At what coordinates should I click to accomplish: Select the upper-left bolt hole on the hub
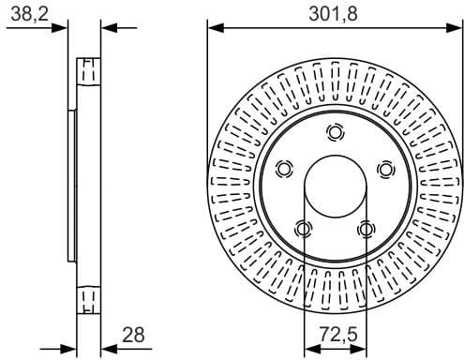(x=284, y=169)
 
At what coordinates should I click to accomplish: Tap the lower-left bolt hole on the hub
(x=303, y=228)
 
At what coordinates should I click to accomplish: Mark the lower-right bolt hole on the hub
(x=366, y=228)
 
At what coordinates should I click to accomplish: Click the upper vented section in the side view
(x=88, y=72)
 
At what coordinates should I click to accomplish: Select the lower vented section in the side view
(x=88, y=297)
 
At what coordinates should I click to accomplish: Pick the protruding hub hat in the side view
(x=71, y=185)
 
